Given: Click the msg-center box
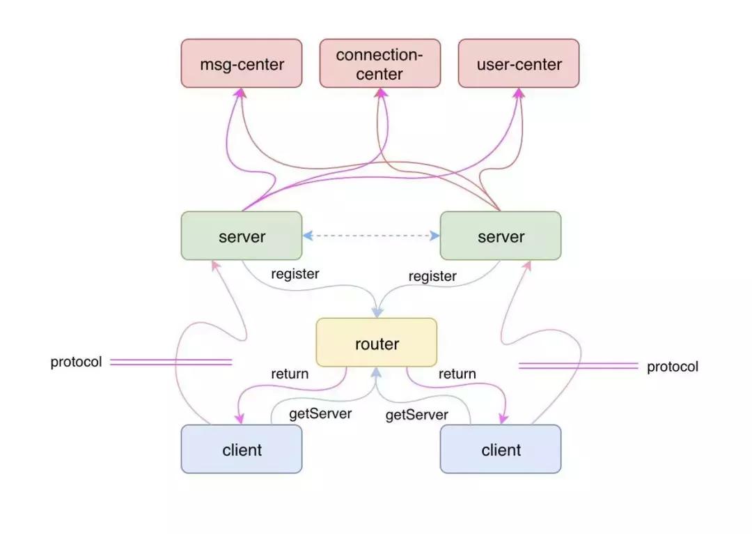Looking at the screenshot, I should point(242,63).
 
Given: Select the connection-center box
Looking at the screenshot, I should point(379,63).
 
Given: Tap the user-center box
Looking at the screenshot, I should point(519,63).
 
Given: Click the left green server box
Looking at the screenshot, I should point(242,236).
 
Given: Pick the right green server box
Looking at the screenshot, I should point(501,236).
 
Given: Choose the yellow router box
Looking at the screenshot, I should point(377,343).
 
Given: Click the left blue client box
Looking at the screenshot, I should point(242,450).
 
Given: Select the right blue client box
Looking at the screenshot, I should point(501,450).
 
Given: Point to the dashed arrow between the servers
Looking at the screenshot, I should point(371,236).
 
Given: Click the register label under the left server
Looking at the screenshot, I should point(295,274).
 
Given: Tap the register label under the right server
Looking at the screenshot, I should point(432,277).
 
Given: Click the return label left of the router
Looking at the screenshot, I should point(290,374).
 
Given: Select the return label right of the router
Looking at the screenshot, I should point(457,374).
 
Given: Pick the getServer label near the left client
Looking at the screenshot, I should point(320,413).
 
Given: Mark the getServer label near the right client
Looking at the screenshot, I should point(417,415).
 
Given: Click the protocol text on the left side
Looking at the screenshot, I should point(76,362).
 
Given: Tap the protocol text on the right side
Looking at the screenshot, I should point(673,367).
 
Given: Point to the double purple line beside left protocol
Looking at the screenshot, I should point(171,362).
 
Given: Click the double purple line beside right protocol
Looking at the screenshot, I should point(579,365).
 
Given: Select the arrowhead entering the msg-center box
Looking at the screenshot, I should point(240,93).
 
